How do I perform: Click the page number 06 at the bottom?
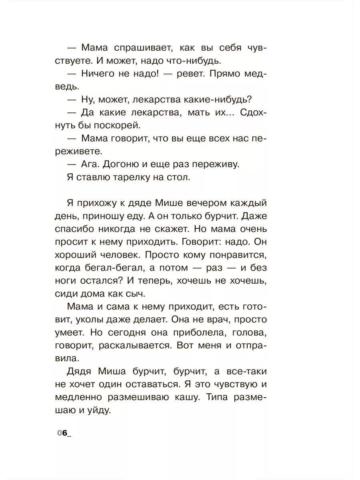62,434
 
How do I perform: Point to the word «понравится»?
237,255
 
